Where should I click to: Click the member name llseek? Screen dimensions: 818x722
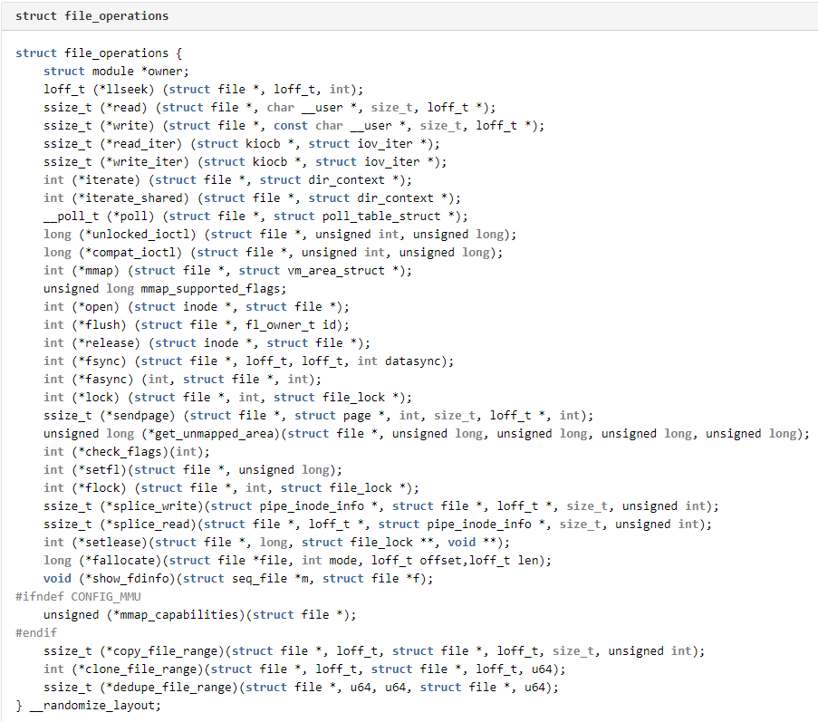tap(127, 90)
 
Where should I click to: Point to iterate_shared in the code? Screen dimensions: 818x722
tap(133, 198)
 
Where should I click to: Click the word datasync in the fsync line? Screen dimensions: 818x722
tap(416, 361)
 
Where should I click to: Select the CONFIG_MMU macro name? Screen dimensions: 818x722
tap(106, 597)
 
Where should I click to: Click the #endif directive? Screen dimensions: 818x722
tap(36, 633)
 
